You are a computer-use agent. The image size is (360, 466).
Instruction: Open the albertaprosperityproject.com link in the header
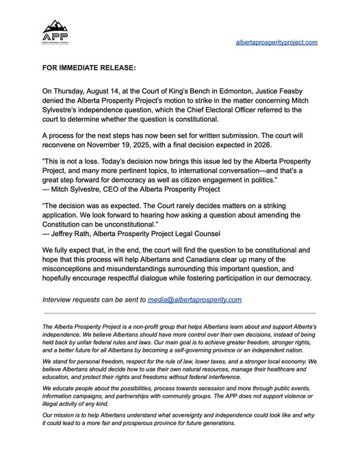click(x=276, y=42)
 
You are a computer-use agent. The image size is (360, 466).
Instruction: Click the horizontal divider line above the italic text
click(x=179, y=312)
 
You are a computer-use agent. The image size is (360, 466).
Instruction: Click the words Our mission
click(x=58, y=415)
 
